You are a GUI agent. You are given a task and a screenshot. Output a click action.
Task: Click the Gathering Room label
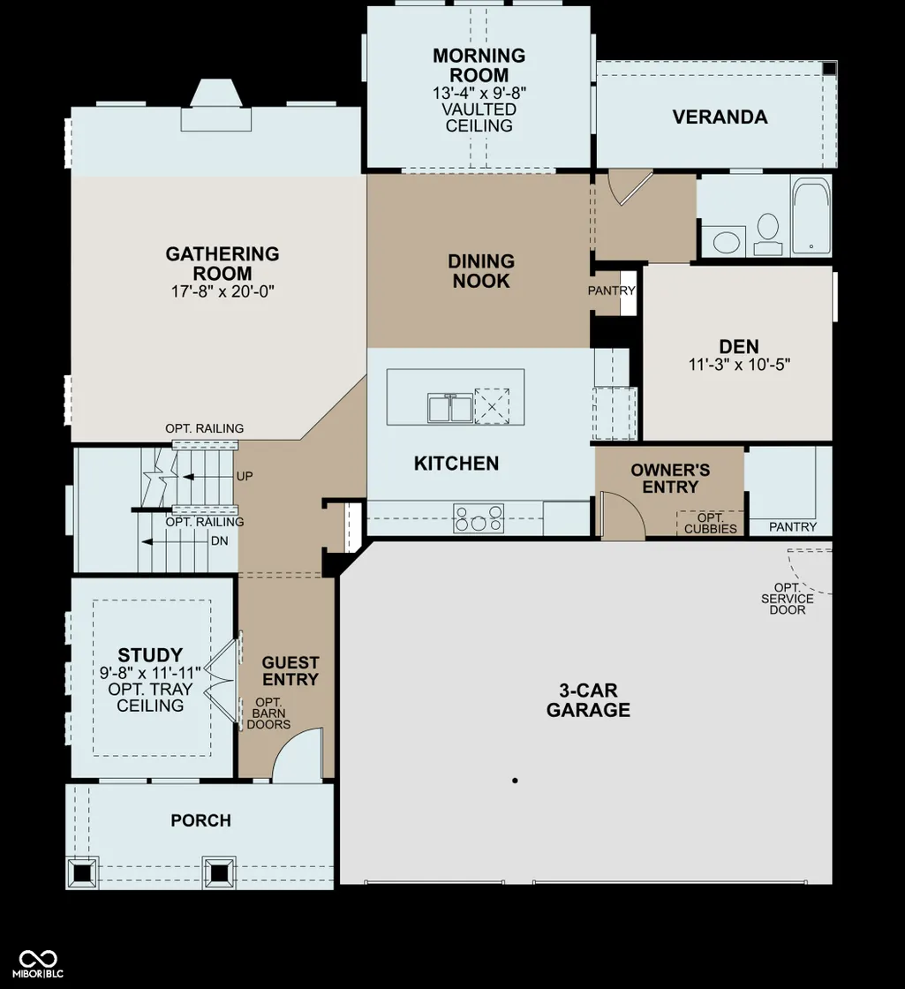[x=222, y=264]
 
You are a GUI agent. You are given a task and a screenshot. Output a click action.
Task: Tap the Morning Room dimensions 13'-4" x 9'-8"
[x=479, y=93]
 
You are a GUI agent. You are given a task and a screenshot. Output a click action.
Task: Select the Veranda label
[x=720, y=117]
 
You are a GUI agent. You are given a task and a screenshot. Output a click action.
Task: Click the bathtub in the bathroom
[x=811, y=215]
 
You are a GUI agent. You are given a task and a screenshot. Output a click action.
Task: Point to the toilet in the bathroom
[x=767, y=233]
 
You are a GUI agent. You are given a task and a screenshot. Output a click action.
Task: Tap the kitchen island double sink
[x=450, y=407]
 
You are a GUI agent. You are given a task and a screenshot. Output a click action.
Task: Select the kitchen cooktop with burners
[x=479, y=518]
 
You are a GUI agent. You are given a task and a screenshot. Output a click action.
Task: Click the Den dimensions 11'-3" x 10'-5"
[x=739, y=365]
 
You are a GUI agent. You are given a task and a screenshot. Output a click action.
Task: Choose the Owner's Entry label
[x=670, y=478]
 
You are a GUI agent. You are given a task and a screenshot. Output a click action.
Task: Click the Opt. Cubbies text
[x=711, y=524]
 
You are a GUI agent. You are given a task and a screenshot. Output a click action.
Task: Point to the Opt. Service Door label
[x=787, y=599]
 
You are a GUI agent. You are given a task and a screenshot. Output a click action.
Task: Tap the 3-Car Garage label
[x=588, y=700]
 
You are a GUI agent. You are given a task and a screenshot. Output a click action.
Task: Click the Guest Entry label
[x=290, y=671]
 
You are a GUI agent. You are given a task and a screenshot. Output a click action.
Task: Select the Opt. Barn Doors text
[x=268, y=713]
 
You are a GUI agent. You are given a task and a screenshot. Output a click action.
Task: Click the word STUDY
[x=150, y=654]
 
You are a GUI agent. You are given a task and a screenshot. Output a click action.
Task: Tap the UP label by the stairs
[x=245, y=476]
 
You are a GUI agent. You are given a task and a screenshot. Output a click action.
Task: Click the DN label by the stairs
[x=220, y=541]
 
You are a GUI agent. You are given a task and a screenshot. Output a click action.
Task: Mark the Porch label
[x=201, y=820]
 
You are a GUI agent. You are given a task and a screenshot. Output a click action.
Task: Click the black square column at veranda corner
[x=829, y=68]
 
